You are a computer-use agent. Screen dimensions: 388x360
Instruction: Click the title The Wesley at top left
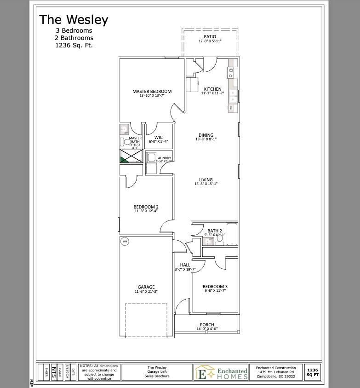[74, 20]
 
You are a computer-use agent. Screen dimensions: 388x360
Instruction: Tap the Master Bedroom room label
[152, 91]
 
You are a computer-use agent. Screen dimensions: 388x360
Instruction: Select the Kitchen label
[212, 89]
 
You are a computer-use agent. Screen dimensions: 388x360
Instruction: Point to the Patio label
[210, 37]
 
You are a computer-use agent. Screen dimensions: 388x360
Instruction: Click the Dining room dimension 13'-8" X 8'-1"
[206, 139]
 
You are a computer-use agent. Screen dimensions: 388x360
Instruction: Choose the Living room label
[206, 180]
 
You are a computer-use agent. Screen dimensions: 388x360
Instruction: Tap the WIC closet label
[159, 137]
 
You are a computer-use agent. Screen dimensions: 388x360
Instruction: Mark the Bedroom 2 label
[146, 207]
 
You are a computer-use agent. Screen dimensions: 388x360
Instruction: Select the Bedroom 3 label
[215, 286]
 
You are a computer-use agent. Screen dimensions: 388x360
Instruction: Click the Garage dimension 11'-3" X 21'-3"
[146, 291]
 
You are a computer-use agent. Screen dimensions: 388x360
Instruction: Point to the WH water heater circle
[125, 241]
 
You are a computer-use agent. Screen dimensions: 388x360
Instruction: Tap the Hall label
[185, 265]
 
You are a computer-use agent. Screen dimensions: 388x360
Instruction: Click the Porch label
[207, 325]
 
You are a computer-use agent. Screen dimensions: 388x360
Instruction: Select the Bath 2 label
[215, 231]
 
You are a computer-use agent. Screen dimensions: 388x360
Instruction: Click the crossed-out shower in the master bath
[131, 156]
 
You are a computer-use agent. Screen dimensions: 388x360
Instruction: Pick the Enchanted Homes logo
[222, 372]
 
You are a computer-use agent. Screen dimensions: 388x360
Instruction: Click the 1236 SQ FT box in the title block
[312, 372]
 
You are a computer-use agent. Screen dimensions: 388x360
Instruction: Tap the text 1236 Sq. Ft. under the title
[74, 45]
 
